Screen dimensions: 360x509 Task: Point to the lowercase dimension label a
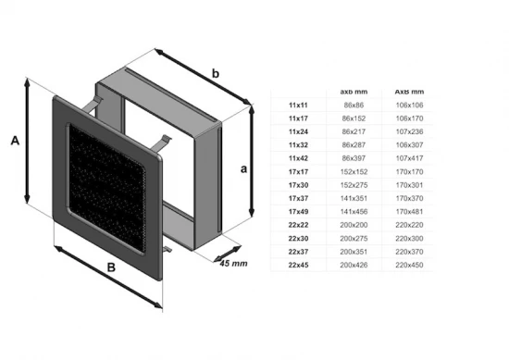click(x=242, y=169)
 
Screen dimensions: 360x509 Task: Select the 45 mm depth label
click(x=233, y=264)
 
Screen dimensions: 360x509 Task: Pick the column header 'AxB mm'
click(x=410, y=92)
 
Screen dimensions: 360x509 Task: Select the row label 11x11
click(x=298, y=105)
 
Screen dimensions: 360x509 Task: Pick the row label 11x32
click(x=298, y=144)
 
